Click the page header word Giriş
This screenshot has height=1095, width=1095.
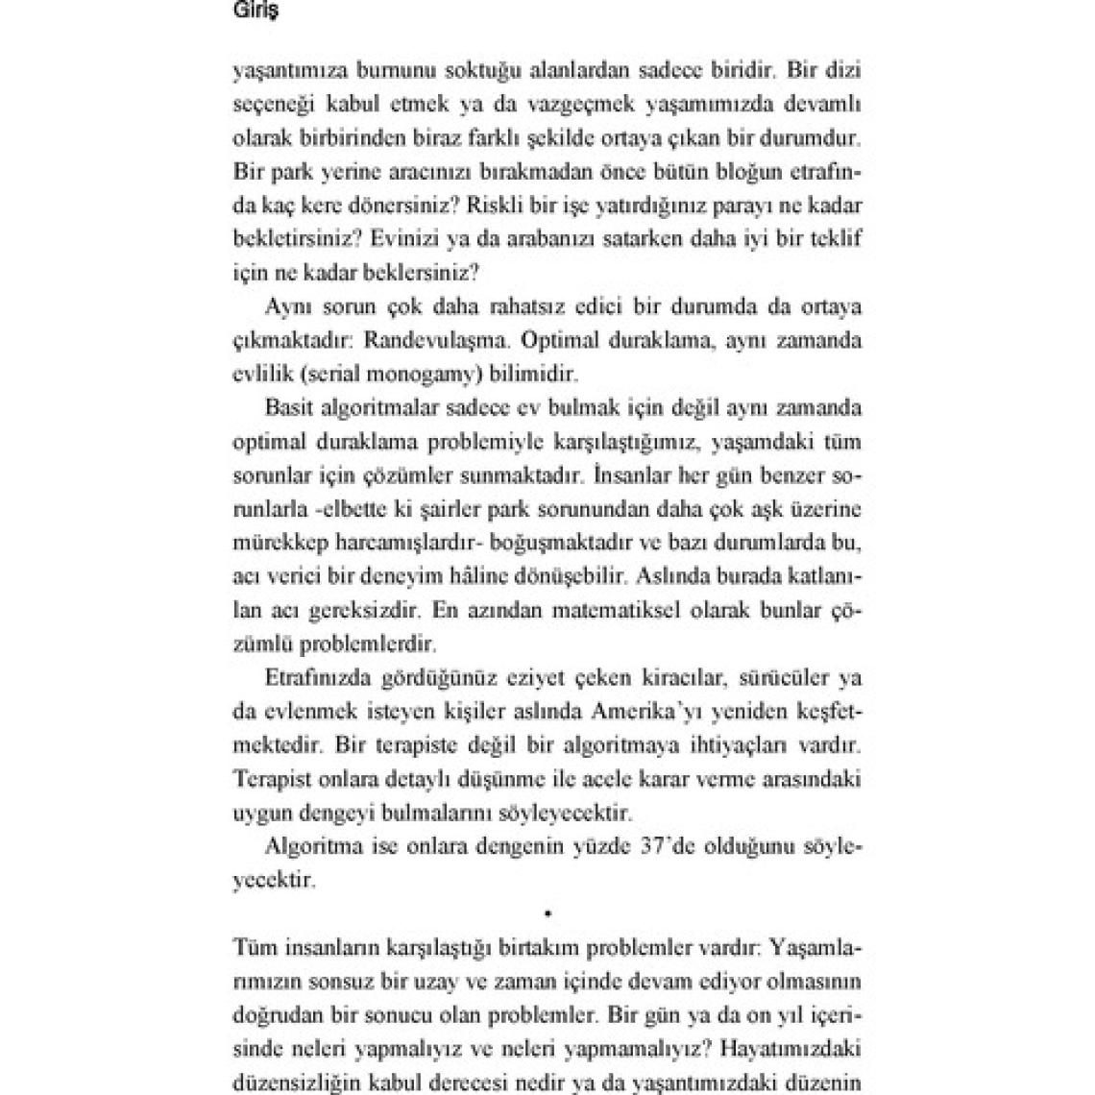pyautogui.click(x=256, y=13)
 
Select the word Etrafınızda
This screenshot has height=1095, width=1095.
pyautogui.click(x=316, y=678)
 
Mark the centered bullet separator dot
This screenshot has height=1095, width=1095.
pyautogui.click(x=547, y=911)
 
